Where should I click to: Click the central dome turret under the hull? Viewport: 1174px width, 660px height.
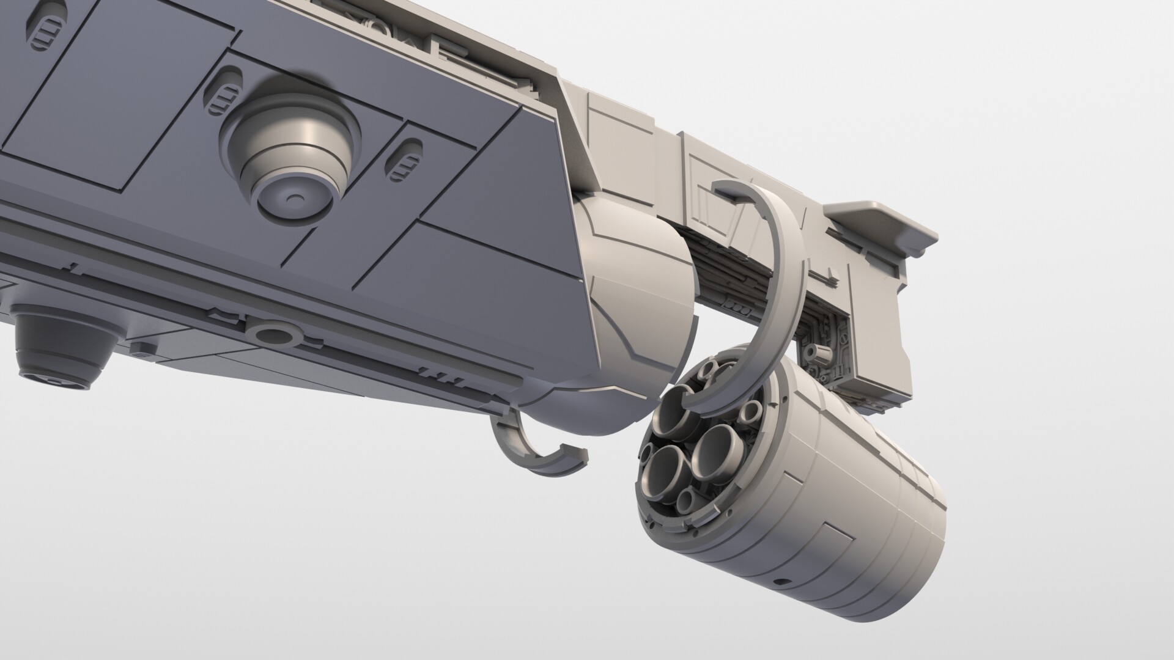point(290,162)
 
